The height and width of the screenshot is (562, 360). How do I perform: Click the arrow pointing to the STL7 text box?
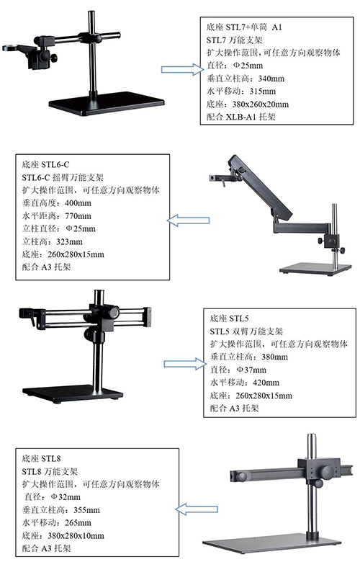click(182, 69)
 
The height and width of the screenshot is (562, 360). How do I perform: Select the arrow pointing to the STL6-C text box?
click(188, 220)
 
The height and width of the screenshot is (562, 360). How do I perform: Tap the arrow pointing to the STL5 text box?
click(185, 364)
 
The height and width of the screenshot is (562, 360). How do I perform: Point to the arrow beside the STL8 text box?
click(197, 509)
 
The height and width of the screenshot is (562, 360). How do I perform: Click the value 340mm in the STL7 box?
click(271, 79)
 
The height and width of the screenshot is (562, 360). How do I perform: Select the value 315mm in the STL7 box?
click(263, 91)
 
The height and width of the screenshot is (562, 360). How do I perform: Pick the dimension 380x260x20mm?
click(261, 104)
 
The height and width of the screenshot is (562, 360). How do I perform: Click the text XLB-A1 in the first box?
click(240, 117)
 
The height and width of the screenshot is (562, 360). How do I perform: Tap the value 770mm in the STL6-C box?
click(78, 215)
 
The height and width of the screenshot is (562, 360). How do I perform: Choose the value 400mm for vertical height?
click(78, 203)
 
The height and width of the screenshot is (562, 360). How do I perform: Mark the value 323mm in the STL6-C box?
click(70, 241)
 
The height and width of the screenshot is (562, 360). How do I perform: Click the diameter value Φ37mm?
click(251, 370)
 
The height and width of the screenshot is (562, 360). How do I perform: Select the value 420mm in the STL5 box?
click(266, 383)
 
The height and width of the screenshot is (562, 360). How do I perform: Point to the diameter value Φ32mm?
click(66, 496)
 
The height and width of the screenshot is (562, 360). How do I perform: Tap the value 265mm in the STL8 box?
click(78, 522)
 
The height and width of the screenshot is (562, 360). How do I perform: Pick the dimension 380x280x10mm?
click(76, 535)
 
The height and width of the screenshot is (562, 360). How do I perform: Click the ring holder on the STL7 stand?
click(14, 48)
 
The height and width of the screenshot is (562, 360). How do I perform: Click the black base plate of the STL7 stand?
click(107, 104)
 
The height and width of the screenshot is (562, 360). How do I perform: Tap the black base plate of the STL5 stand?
click(73, 393)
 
